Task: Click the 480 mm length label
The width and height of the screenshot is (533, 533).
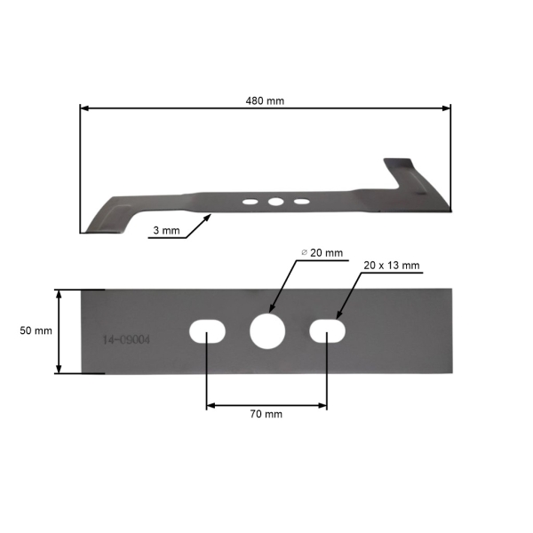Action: (265, 100)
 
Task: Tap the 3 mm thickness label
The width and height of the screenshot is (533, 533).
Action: (166, 231)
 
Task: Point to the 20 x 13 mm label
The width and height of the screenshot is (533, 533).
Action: (391, 266)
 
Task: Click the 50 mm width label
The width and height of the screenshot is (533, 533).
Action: (36, 330)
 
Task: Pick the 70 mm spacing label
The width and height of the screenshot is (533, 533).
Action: (266, 414)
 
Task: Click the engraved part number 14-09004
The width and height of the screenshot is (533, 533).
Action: (125, 339)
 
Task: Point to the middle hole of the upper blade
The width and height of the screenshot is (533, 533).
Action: (275, 203)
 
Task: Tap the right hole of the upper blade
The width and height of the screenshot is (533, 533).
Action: (302, 202)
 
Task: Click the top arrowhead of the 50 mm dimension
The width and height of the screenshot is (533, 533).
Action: (60, 294)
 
